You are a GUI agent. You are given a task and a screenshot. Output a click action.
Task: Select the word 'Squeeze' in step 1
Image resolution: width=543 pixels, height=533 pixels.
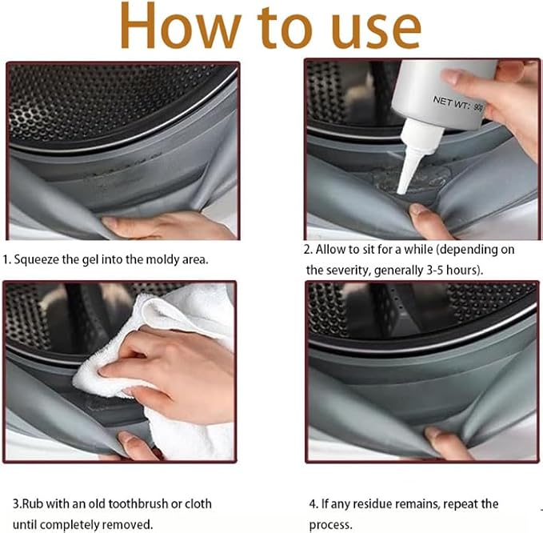[36, 260]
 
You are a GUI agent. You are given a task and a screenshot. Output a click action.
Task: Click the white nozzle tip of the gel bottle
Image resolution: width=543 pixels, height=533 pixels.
[401, 190]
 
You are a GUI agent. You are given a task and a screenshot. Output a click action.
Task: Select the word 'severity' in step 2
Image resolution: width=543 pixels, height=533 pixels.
[346, 271]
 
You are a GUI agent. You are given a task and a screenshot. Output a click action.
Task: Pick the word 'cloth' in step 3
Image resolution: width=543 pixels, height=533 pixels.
[198, 504]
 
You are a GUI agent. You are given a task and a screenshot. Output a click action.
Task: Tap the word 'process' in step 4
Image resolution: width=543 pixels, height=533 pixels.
[329, 525]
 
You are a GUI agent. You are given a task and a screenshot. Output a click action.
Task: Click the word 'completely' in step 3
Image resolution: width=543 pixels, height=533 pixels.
[70, 525]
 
